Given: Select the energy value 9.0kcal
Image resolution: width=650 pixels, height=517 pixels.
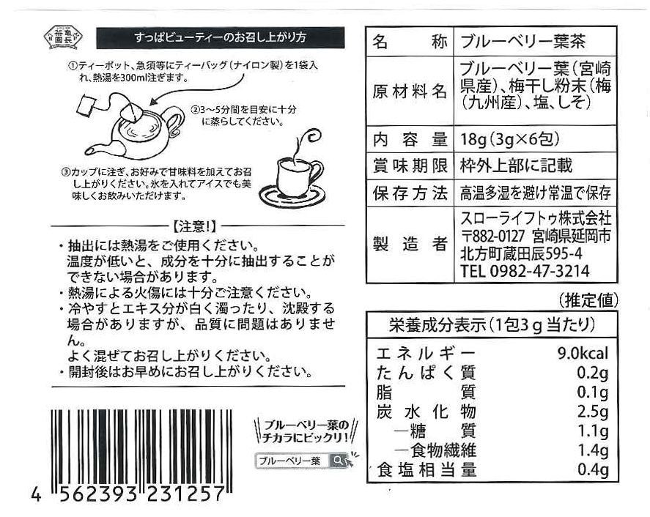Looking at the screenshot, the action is tap(583, 354).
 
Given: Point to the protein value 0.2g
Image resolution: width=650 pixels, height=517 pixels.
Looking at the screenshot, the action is tap(593, 373).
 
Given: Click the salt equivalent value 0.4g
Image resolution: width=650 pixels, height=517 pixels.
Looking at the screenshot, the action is tap(593, 470).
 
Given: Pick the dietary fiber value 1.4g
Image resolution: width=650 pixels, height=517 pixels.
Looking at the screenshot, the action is tap(593, 450).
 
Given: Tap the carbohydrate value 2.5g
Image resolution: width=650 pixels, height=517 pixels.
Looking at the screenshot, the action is tap(593, 412).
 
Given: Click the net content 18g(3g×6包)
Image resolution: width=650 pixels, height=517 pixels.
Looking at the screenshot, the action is tap(510, 139).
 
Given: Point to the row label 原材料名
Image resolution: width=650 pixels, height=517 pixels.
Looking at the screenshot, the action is tap(410, 91).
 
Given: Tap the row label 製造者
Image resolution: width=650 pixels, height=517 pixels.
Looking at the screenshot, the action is tap(410, 244).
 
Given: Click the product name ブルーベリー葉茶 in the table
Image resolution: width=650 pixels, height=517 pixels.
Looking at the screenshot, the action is tap(523, 42).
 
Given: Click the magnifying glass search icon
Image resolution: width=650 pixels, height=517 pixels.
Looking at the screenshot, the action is tap(339, 460).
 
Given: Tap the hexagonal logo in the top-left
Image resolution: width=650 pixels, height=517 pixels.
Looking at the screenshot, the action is tap(64, 37).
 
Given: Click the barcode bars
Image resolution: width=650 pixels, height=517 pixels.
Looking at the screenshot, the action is tap(141, 450).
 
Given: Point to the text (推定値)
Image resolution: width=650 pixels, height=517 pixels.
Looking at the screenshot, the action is tap(588, 300).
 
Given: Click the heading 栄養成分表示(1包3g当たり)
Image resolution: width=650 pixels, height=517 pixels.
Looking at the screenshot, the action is tap(492, 325).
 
